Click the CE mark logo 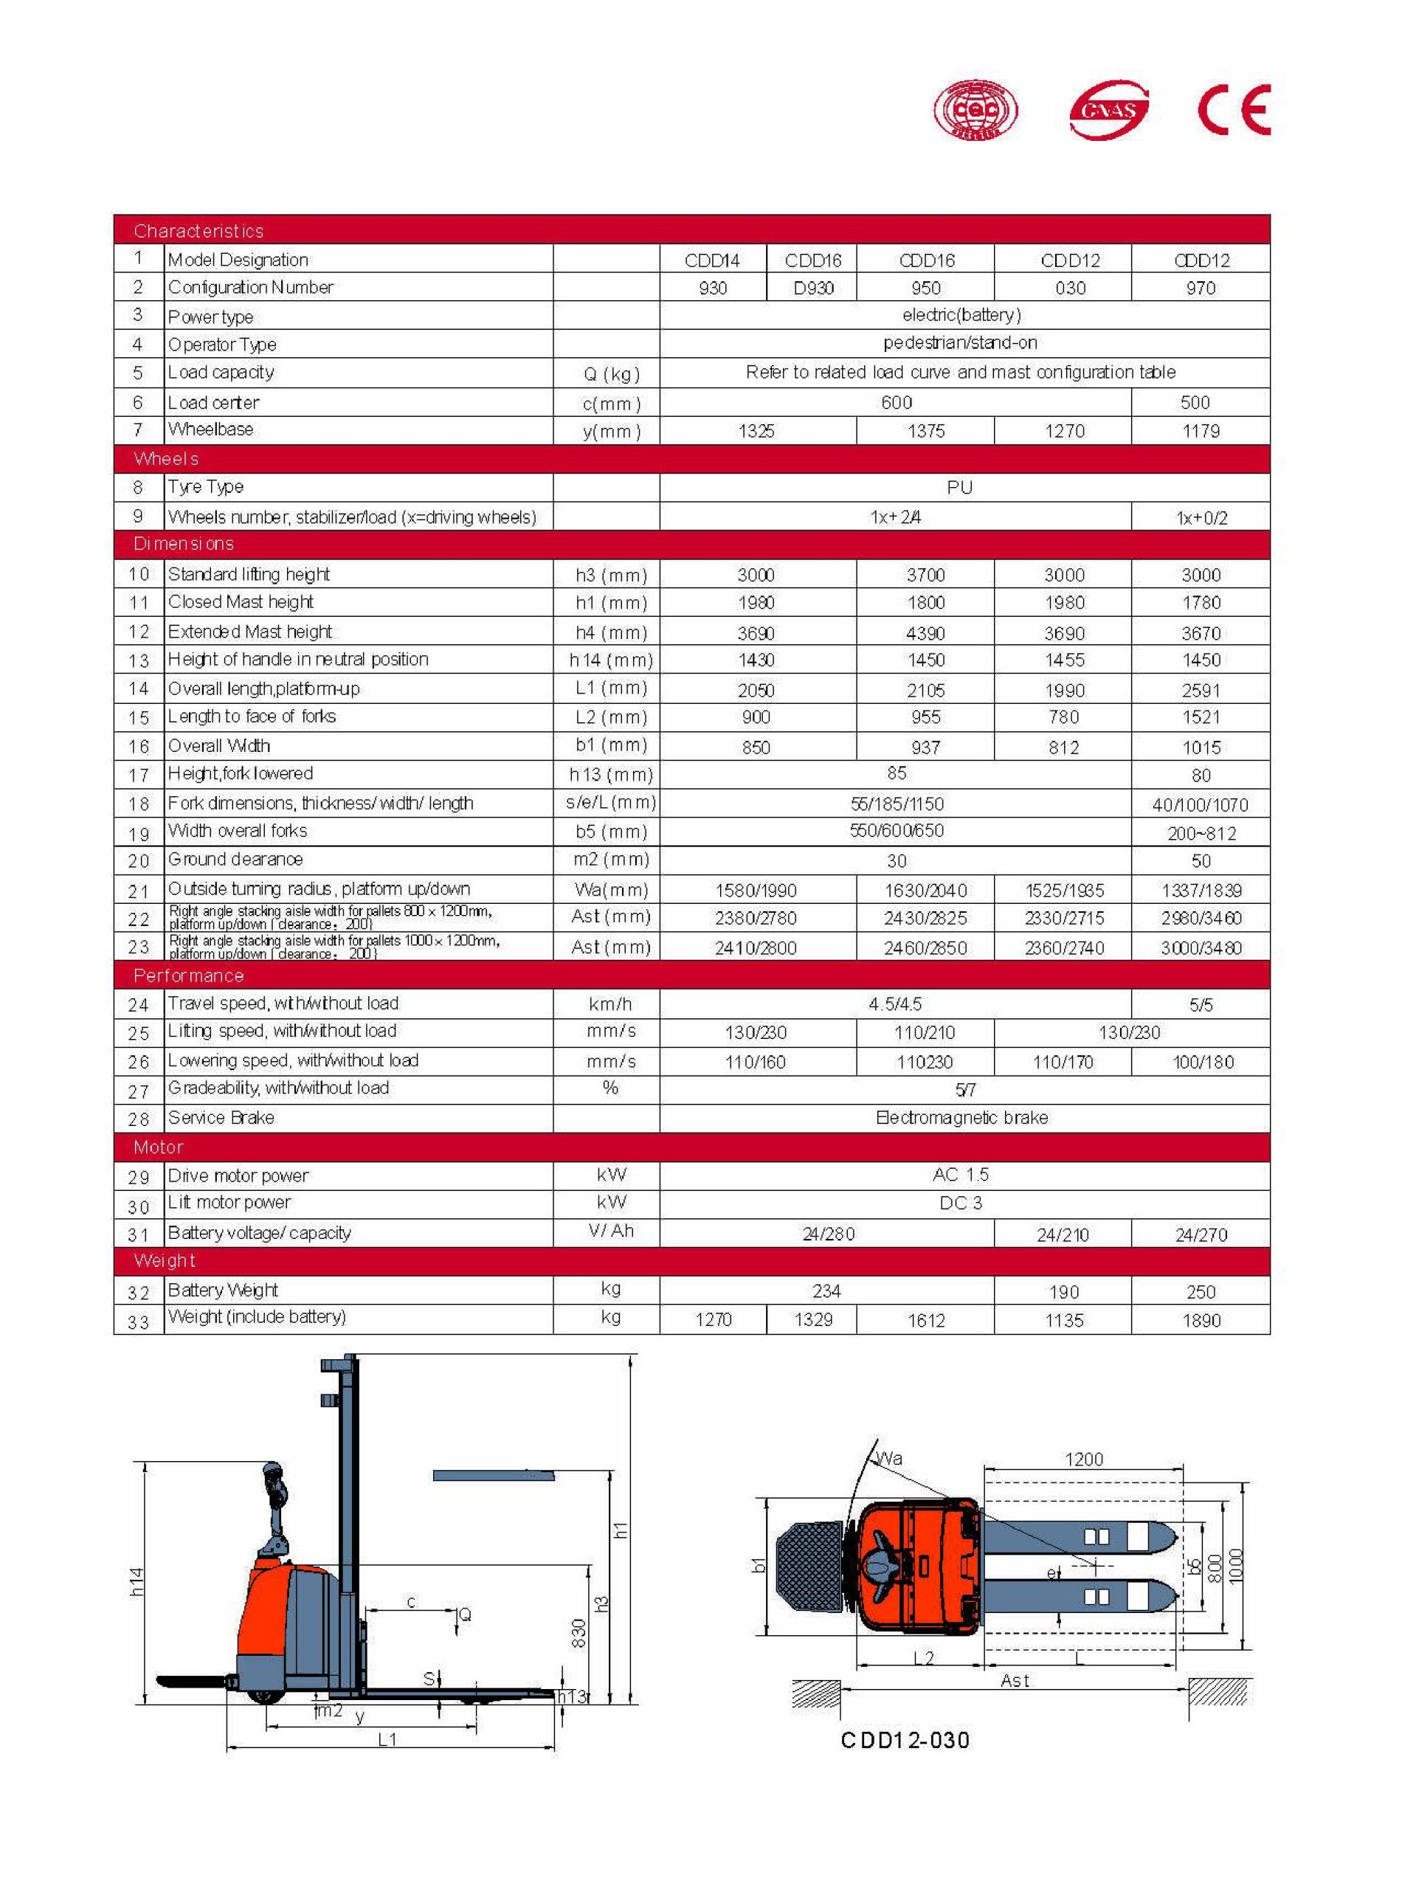(x=1233, y=109)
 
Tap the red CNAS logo (x=1108, y=109)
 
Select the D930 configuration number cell (x=812, y=288)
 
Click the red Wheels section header (x=167, y=458)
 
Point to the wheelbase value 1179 (x=1200, y=431)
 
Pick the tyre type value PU (x=959, y=488)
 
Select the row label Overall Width (x=218, y=745)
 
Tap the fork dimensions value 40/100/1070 (x=1200, y=804)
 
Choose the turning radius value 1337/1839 (x=1201, y=890)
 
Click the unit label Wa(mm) (x=611, y=890)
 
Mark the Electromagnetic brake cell (x=961, y=1117)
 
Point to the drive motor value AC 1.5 (x=961, y=1174)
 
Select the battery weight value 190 (x=1063, y=1292)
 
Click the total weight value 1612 (x=926, y=1320)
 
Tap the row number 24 (x=139, y=1005)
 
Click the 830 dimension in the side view (x=579, y=1633)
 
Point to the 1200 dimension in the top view (x=1083, y=1459)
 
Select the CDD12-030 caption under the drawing (x=905, y=1739)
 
